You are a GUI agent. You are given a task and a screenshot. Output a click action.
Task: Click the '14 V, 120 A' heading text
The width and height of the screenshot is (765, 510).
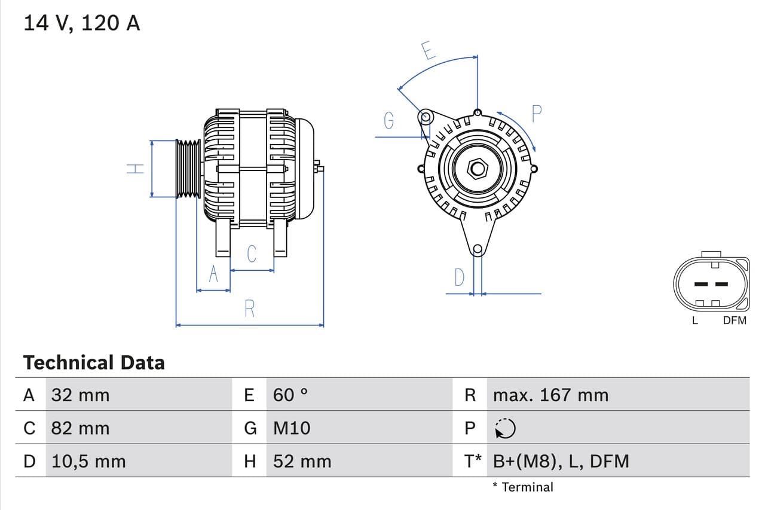(81, 23)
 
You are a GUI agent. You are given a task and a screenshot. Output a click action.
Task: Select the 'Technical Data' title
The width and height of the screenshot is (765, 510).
(94, 362)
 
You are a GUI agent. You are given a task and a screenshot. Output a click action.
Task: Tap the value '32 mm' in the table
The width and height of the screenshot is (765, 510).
(80, 395)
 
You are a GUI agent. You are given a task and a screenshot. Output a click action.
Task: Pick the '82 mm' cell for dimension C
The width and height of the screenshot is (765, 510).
(80, 428)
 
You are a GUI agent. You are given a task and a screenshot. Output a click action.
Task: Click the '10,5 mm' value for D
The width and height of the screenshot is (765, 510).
(88, 461)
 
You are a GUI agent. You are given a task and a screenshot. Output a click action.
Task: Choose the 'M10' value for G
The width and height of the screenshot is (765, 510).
(292, 428)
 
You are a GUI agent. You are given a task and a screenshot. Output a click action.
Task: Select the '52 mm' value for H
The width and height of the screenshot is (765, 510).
(302, 461)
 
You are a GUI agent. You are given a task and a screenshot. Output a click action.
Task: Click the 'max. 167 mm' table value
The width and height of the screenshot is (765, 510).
(550, 395)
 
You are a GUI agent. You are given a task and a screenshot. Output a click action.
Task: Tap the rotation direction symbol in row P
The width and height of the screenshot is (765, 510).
(506, 428)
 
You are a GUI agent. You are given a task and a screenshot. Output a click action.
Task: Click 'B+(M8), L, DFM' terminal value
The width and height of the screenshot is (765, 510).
(561, 461)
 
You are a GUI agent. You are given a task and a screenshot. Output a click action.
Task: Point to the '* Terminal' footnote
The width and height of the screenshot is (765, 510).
(523, 487)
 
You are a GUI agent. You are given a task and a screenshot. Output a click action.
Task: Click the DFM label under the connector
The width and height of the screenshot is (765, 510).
(735, 320)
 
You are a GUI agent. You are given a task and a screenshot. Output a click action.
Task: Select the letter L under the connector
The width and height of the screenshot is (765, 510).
(694, 320)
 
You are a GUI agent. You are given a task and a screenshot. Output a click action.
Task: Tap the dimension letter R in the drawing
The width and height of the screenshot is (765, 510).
(250, 309)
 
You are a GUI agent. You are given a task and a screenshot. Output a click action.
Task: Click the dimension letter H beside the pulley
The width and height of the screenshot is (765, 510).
(136, 169)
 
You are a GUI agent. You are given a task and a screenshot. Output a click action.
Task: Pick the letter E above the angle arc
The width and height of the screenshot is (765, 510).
(428, 50)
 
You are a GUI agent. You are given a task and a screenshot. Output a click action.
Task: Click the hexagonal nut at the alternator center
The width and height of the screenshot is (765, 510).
(477, 168)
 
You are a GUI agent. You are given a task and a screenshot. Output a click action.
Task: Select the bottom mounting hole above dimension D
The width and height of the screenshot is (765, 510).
(477, 249)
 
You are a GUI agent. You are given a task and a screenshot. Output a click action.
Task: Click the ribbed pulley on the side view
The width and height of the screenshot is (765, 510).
(188, 169)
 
